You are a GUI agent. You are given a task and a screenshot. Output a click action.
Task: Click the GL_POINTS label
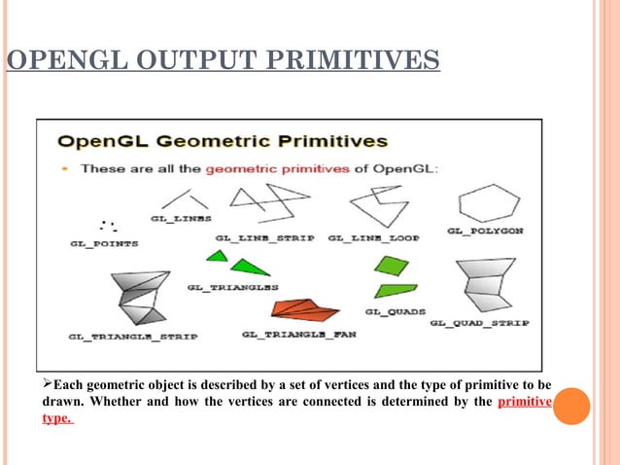tap(104, 243)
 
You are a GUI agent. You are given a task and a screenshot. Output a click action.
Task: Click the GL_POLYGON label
tap(485, 231)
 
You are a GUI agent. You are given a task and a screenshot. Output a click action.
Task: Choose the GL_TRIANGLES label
tap(232, 288)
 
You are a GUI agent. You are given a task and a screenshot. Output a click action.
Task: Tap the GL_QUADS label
tap(390, 311)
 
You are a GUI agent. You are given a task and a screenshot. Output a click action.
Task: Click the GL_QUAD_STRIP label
tap(479, 322)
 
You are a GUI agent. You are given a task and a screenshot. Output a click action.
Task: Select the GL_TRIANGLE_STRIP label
tap(132, 337)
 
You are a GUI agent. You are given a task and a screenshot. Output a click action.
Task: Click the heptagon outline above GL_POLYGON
tap(489, 203)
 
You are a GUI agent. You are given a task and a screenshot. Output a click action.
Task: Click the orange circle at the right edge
tap(572, 406)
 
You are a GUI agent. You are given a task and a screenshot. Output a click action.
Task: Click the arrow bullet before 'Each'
tap(48, 385)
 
